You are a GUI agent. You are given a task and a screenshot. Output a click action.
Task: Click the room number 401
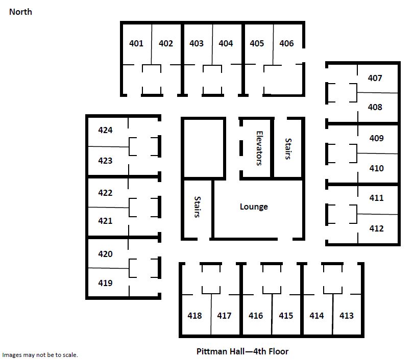tap(136, 43)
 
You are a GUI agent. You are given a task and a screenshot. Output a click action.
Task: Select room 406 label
tap(286, 43)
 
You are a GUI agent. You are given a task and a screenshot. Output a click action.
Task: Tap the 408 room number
tap(375, 107)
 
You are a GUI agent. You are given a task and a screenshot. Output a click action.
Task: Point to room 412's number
tap(377, 228)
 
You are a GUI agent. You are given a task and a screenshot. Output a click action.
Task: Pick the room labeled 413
tap(347, 316)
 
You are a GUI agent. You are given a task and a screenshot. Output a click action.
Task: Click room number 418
tap(194, 316)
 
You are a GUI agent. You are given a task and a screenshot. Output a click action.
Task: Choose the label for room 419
tap(105, 283)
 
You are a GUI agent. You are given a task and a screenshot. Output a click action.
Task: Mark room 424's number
tap(105, 130)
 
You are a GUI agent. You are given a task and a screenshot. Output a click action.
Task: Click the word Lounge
tap(254, 207)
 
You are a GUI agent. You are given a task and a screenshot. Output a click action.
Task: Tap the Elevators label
tap(259, 148)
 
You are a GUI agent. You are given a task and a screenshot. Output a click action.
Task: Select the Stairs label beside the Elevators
tap(288, 149)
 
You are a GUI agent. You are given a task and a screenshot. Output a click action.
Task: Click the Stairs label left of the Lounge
tap(197, 207)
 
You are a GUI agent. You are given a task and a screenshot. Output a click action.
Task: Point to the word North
tap(20, 12)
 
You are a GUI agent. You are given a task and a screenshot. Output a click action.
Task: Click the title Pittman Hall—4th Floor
tap(242, 351)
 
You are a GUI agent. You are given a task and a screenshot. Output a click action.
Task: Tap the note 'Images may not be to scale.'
tap(40, 355)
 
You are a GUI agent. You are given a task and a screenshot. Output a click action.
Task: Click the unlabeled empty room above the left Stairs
tap(203, 148)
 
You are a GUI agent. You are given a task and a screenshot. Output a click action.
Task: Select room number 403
tap(197, 43)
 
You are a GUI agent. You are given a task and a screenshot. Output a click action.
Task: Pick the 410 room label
tap(377, 168)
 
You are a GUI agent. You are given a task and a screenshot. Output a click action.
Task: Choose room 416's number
tap(256, 316)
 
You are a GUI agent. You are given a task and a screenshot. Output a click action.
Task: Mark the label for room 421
tap(105, 221)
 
